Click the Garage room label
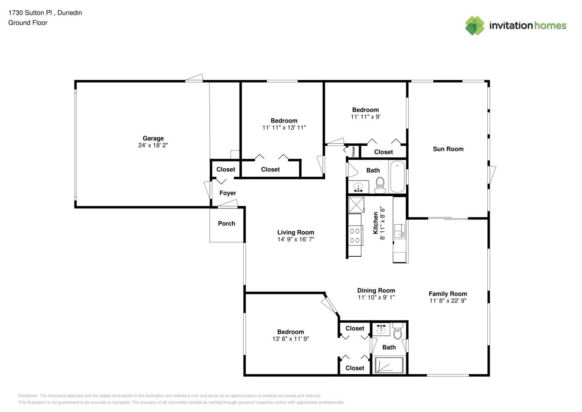[x=153, y=138]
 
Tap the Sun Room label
[x=448, y=149]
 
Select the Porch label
[x=226, y=223]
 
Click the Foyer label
[x=228, y=193]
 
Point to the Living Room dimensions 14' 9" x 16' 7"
[x=296, y=239]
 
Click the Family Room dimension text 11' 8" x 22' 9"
[x=448, y=301]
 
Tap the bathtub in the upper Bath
[x=397, y=177]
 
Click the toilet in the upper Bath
[x=380, y=185]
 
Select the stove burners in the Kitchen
[x=355, y=236]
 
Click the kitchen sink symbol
[x=399, y=231]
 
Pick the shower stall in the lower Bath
[x=389, y=365]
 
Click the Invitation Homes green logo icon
[x=475, y=26]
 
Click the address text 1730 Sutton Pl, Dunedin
[x=45, y=13]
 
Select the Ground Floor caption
[x=28, y=23]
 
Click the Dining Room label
[x=376, y=290]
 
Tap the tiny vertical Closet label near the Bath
[x=353, y=151]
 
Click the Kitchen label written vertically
[x=375, y=223]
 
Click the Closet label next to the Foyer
[x=226, y=169]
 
